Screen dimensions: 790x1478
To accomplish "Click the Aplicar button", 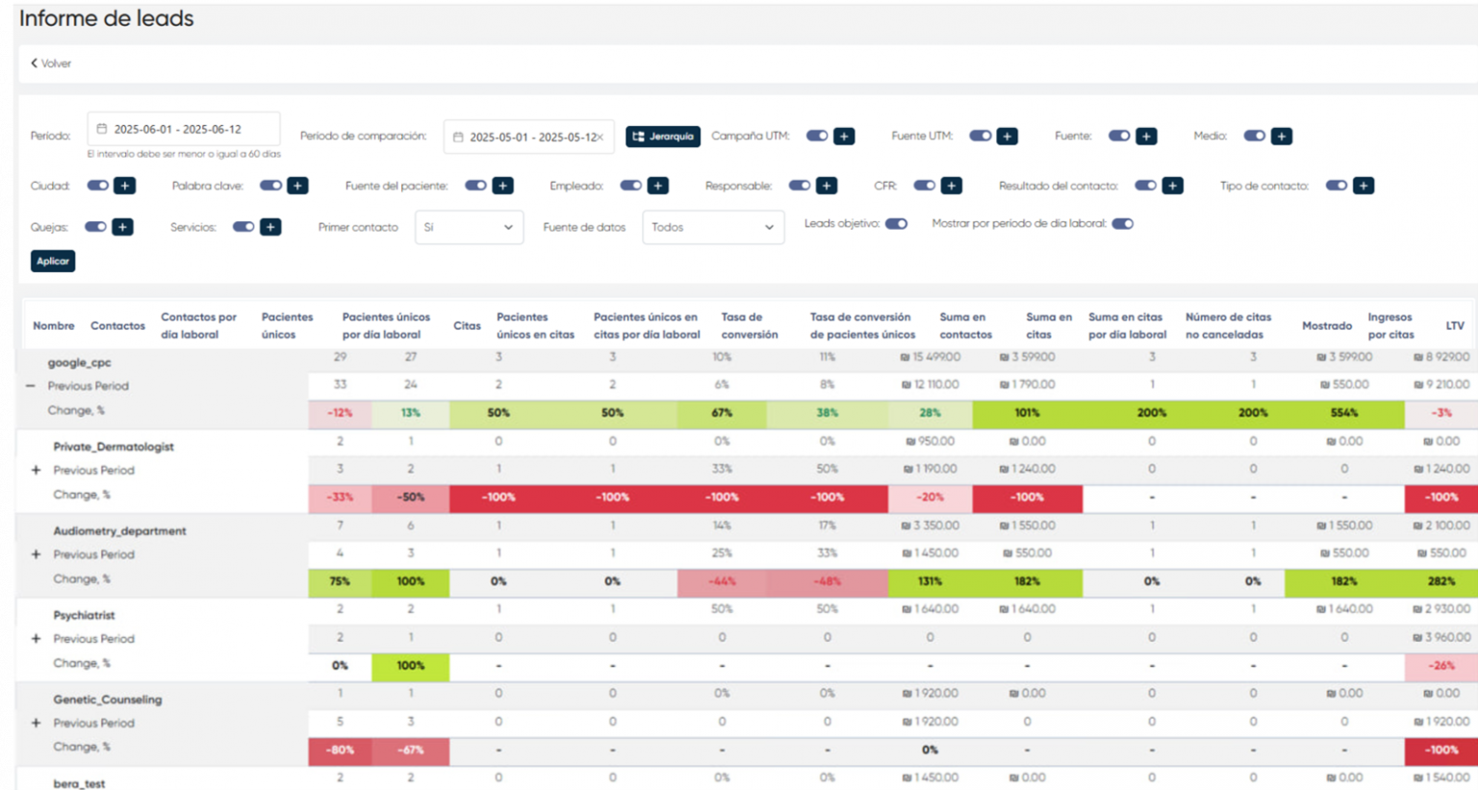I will [53, 261].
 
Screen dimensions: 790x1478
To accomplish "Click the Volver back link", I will [51, 64].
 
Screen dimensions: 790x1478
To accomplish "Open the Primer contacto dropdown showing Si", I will [469, 227].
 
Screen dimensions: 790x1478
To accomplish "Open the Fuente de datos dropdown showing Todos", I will [712, 227].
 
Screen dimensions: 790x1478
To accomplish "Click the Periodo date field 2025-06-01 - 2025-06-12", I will [183, 129].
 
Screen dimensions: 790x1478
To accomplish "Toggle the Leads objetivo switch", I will [896, 224].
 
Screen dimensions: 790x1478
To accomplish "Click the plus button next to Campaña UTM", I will [844, 137].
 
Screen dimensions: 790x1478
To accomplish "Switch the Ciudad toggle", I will [98, 186].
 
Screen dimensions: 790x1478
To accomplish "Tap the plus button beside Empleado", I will [658, 186].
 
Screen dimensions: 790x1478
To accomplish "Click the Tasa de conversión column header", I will [749, 325].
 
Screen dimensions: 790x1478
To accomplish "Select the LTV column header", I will [1454, 325].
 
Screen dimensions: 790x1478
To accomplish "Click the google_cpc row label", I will [80, 363].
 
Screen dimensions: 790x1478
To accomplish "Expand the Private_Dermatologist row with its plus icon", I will [36, 471].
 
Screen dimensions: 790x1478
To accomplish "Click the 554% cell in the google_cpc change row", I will [1343, 413].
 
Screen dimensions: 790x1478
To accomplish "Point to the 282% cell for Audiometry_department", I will [1440, 581].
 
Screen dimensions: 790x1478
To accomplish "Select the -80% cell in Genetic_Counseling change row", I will [340, 750].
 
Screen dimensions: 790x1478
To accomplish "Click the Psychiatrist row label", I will [84, 615].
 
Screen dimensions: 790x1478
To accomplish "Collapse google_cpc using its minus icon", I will [31, 386].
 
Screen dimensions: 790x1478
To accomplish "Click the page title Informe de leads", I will [107, 18].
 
